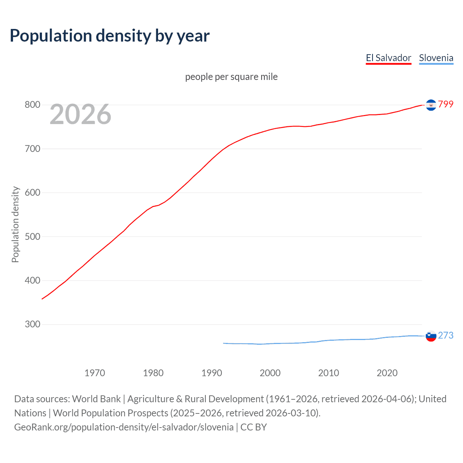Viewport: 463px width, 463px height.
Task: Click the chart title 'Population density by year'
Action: point(110,36)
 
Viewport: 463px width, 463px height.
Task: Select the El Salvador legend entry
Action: point(388,58)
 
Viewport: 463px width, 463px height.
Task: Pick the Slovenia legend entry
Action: point(436,58)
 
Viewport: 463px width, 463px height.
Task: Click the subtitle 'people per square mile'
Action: point(231,77)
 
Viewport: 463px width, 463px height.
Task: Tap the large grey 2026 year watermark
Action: point(80,114)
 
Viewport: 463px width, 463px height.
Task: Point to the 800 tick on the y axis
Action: point(32,105)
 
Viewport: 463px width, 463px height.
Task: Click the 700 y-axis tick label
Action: point(32,149)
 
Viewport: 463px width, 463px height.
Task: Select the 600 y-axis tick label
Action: point(32,192)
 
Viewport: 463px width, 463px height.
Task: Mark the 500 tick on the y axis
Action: point(32,237)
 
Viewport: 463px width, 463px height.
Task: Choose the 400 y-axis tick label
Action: point(32,280)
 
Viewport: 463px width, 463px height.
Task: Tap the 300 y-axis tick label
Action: point(32,324)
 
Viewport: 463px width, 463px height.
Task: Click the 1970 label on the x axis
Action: point(95,373)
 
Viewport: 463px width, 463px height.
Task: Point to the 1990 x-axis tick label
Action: point(212,373)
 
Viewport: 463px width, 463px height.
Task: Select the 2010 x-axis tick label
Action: point(328,373)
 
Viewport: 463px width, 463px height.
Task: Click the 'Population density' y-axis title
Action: point(15,224)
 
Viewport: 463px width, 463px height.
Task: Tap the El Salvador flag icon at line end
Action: point(431,105)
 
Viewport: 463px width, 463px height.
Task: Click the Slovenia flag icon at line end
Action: point(431,336)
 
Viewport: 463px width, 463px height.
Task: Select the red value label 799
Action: point(446,104)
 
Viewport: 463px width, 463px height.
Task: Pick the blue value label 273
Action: point(446,335)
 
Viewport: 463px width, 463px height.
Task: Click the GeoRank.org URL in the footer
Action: point(124,427)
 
